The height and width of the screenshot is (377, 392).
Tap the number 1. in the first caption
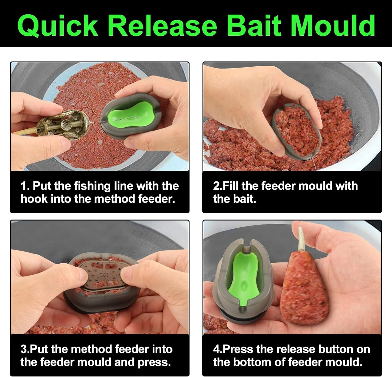pyautogui.click(x=25, y=186)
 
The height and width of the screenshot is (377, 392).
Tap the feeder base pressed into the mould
pyautogui.click(x=105, y=277)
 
